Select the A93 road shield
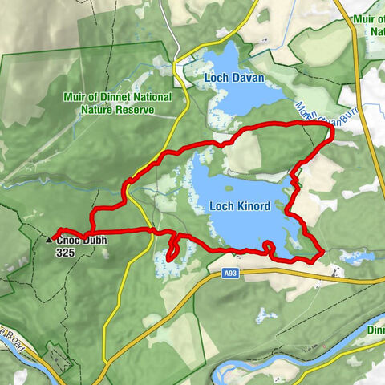click(231, 274)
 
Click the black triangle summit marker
click(49, 239)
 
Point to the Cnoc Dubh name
click(81, 239)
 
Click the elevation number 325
click(67, 252)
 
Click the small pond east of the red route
click(353, 257)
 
